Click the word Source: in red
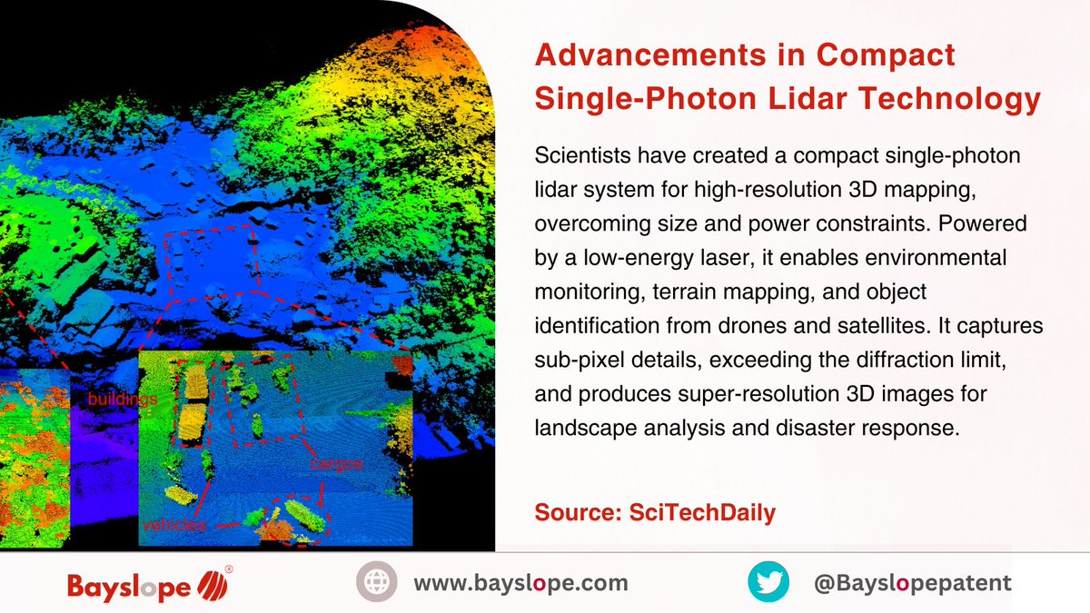coord(578,512)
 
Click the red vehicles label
coord(173,525)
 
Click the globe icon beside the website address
coord(375,582)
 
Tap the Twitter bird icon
coord(768,582)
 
